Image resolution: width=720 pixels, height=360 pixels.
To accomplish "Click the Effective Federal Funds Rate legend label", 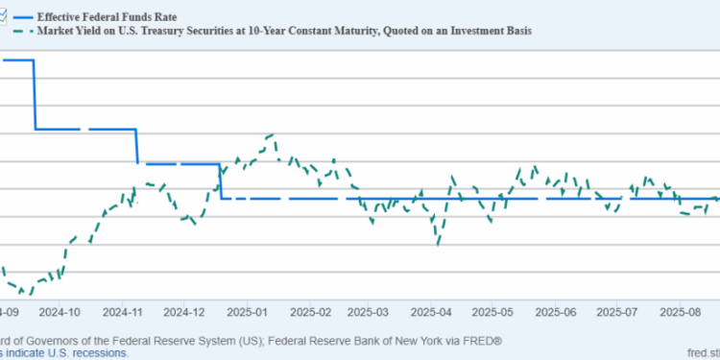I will tap(107, 16).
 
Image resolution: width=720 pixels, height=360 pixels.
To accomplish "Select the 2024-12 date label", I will tap(184, 312).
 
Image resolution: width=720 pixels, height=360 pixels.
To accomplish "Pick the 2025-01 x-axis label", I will tap(247, 312).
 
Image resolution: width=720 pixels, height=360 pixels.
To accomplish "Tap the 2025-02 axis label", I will tap(309, 312).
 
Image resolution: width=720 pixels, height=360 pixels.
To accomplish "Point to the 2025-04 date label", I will tap(432, 312).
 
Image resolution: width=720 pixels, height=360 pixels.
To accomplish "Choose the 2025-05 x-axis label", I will tap(493, 312).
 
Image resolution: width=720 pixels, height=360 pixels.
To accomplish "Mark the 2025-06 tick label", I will tap(555, 312).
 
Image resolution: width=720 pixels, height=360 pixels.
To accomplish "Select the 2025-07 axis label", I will tap(616, 312).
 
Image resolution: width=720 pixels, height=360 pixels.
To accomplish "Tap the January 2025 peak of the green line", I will tap(273, 135).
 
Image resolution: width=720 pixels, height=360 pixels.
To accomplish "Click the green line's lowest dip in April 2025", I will tap(438, 243).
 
